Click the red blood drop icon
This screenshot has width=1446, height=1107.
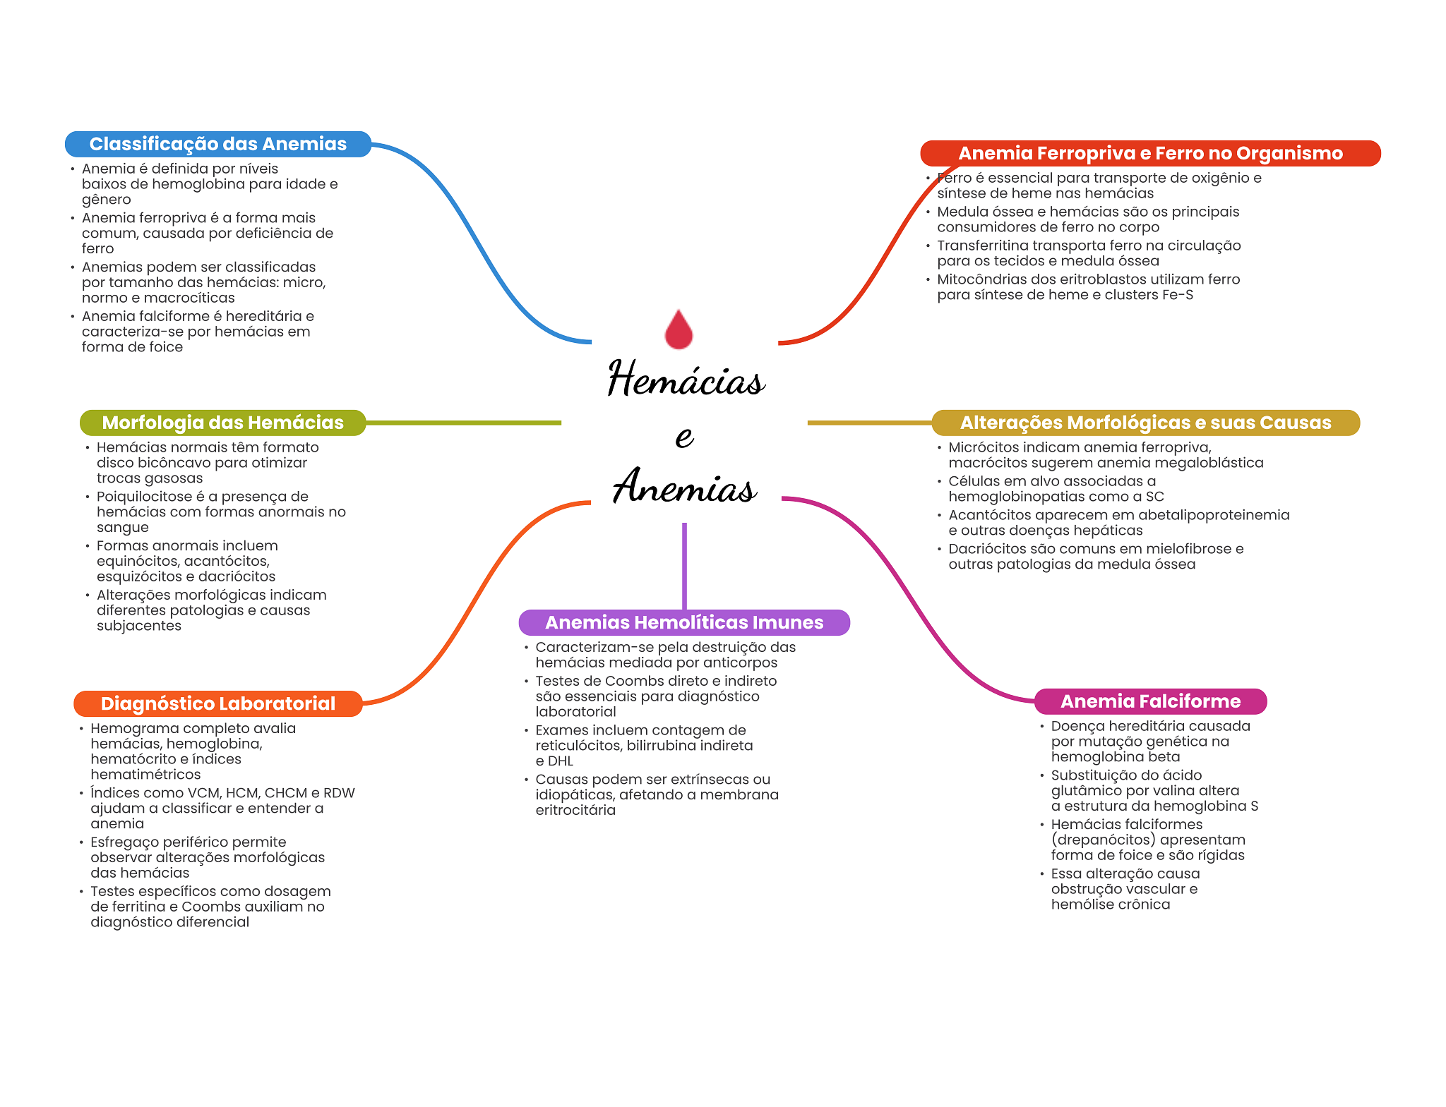679,330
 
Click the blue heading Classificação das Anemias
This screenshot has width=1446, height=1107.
217,144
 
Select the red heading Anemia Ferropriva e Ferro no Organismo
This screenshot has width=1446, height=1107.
1149,153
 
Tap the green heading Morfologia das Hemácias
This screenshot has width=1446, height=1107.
222,423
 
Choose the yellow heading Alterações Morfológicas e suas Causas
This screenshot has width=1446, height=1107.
1145,423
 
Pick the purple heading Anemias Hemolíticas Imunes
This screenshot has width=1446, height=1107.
683,622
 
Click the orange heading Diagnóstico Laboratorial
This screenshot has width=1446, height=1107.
217,703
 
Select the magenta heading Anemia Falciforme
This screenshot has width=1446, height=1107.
1149,701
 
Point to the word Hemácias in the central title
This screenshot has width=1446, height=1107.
686,379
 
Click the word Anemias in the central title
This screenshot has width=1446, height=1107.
684,487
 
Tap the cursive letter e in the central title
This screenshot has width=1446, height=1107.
683,437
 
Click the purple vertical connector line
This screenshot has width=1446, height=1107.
684,564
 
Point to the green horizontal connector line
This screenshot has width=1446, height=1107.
462,423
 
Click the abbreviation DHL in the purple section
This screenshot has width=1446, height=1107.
561,761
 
